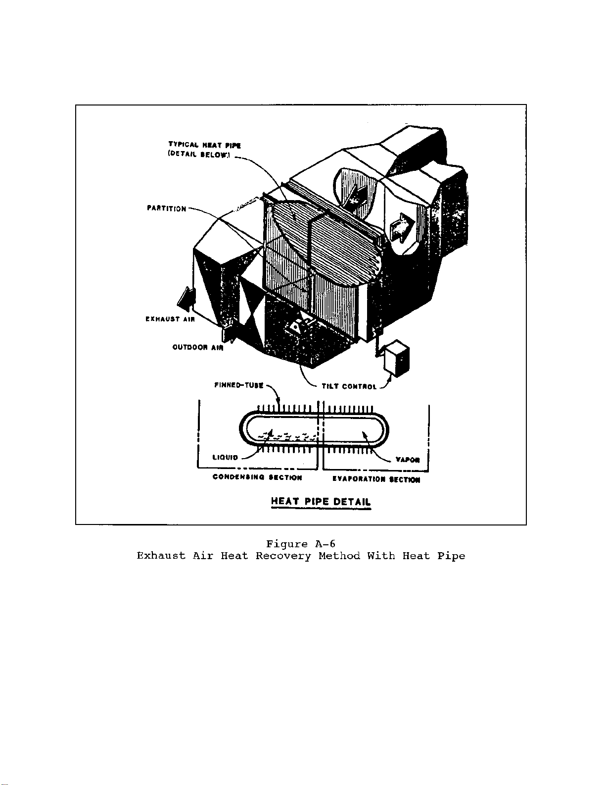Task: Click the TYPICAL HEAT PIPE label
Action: pos(204,146)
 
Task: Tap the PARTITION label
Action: pos(166,209)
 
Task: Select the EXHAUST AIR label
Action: pos(170,319)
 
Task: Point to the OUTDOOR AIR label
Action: pos(197,347)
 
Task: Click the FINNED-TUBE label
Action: pos(238,385)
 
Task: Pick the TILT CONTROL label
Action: pos(349,386)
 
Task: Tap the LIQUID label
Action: pos(225,457)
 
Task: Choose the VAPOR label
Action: pos(408,460)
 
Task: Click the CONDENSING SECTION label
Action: pos(257,477)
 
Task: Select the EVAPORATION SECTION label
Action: pos(376,479)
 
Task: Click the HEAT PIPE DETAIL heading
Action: pos(321,501)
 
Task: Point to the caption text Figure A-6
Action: pos(301,544)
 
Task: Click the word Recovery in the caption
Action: pos(283,556)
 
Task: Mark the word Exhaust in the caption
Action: pos(161,556)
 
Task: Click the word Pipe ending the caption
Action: pos(451,556)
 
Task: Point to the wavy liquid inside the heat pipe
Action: pos(287,436)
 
